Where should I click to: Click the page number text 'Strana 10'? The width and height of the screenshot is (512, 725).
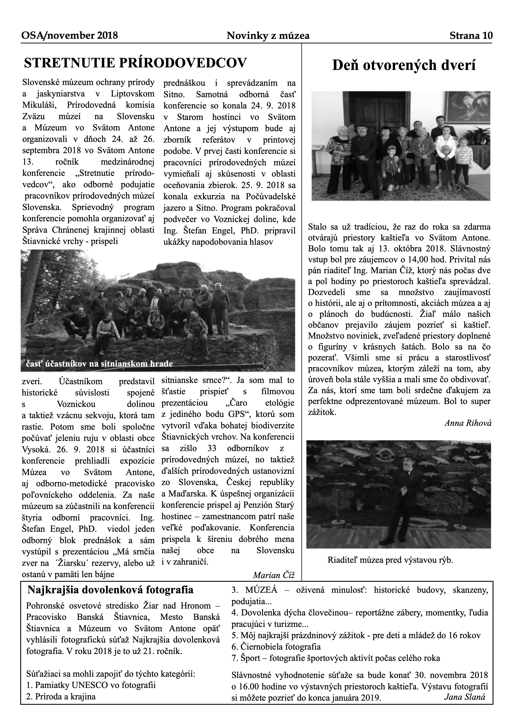pos(471,36)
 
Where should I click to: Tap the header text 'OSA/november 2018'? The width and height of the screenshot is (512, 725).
pos(69,35)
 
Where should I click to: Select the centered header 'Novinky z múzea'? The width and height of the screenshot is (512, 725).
pos(268,36)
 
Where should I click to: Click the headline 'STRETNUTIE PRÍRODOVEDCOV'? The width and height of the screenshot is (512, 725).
pos(135,63)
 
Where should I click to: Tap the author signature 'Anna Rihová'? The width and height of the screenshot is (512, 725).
pos(468,423)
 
